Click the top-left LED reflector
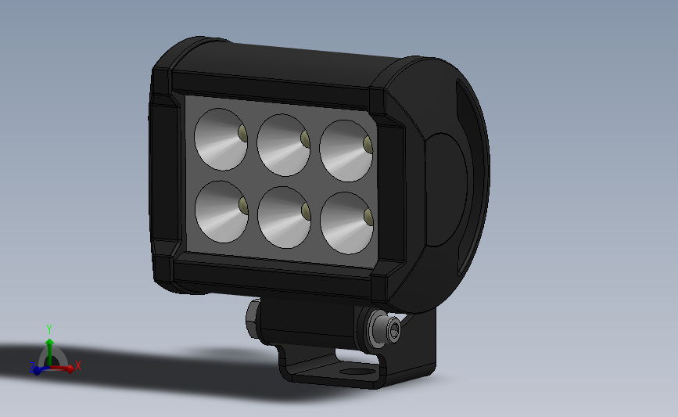tap(220, 138)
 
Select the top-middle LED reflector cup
tap(283, 145)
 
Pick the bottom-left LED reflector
tap(221, 210)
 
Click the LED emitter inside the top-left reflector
tap(242, 133)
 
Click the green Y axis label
tap(48, 329)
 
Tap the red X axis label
tap(78, 365)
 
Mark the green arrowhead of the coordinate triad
tap(48, 342)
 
